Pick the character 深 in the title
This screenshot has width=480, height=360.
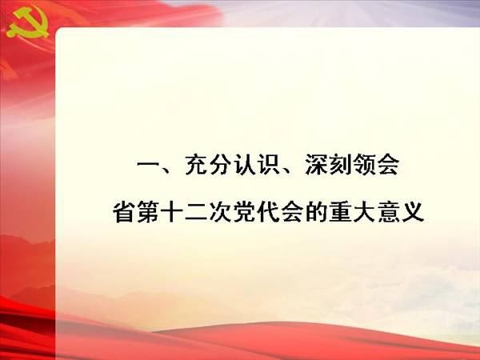click(x=316, y=166)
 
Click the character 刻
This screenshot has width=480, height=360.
click(x=340, y=166)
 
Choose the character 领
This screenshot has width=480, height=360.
click(x=364, y=166)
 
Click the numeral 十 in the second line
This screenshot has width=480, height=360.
click(x=172, y=212)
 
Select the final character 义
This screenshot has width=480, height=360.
click(x=412, y=212)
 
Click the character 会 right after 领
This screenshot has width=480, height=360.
click(x=388, y=166)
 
